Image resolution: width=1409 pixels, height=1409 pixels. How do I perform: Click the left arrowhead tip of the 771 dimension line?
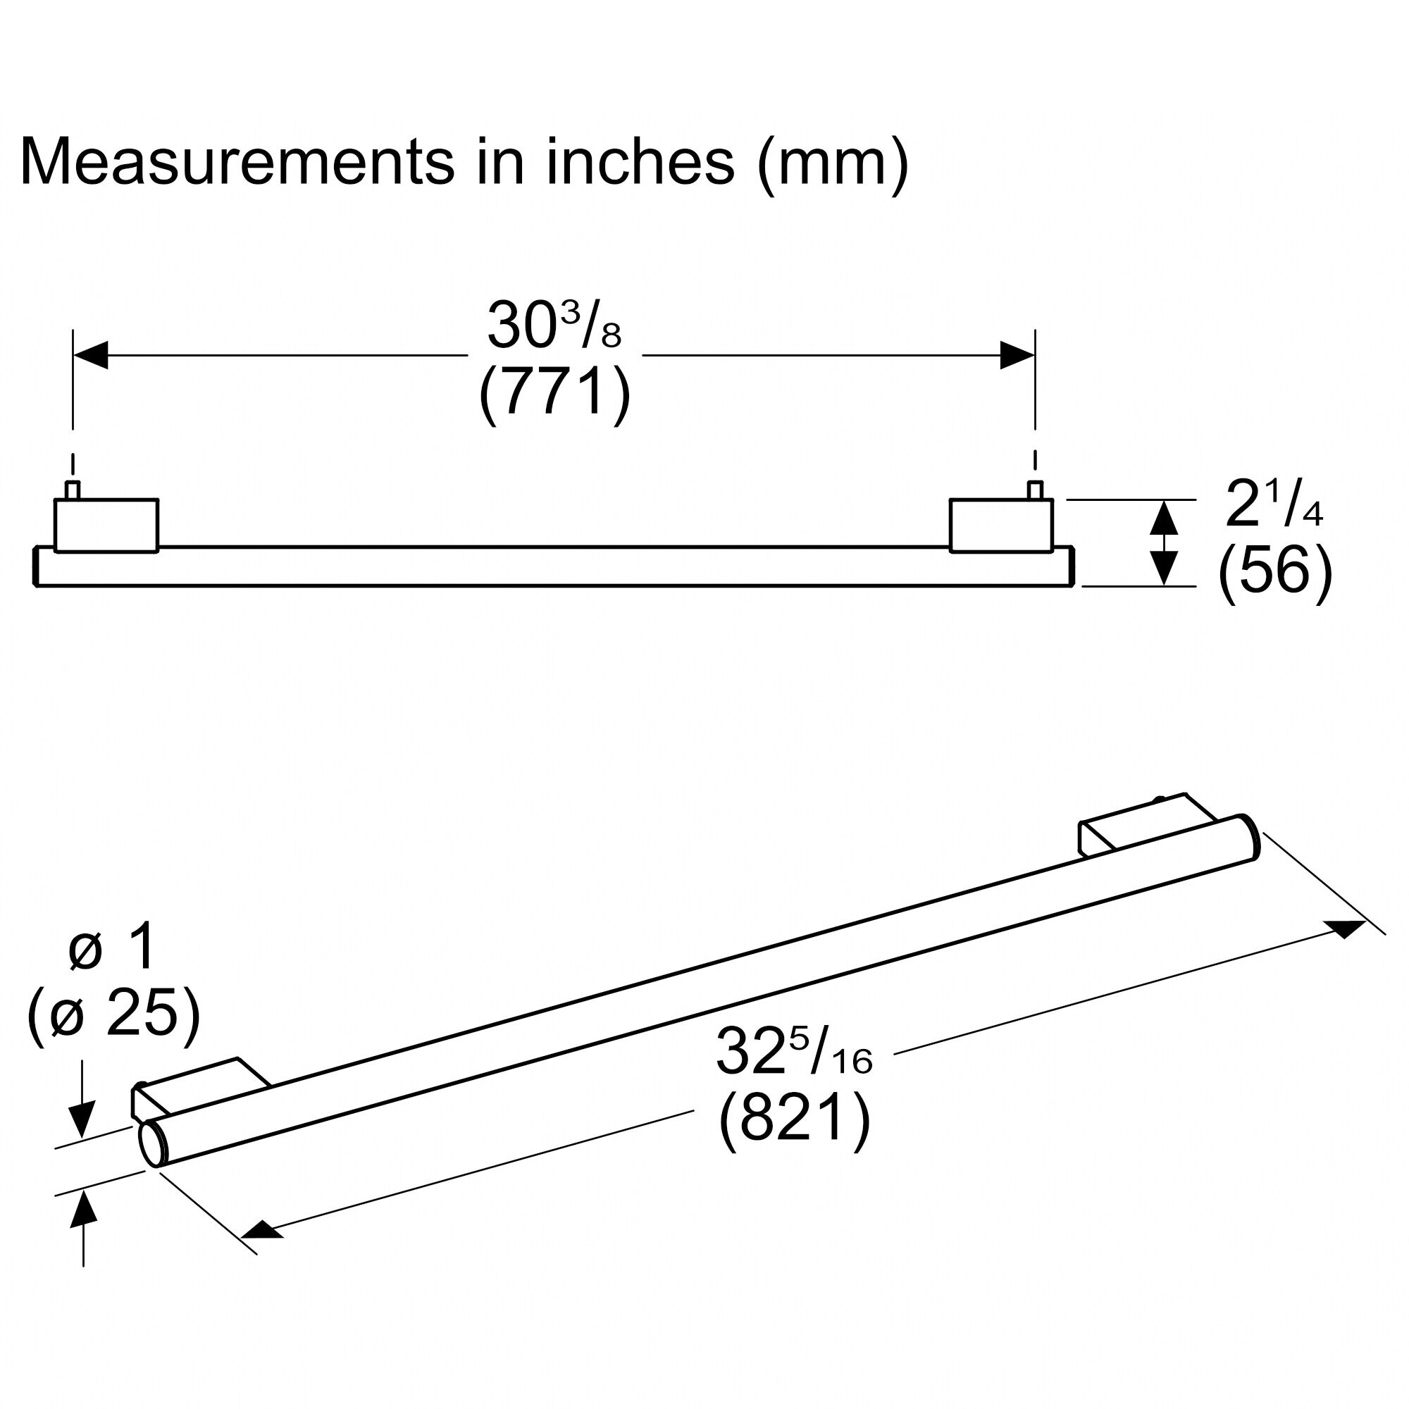point(74,355)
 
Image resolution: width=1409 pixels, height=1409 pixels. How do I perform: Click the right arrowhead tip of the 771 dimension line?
point(1034,355)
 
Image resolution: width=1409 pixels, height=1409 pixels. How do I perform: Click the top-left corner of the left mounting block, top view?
point(56,500)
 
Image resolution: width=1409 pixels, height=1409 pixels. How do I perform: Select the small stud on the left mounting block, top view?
point(72,490)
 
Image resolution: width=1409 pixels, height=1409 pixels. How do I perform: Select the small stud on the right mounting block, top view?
point(1034,490)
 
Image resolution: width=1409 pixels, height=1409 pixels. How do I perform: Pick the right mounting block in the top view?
point(1001,526)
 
